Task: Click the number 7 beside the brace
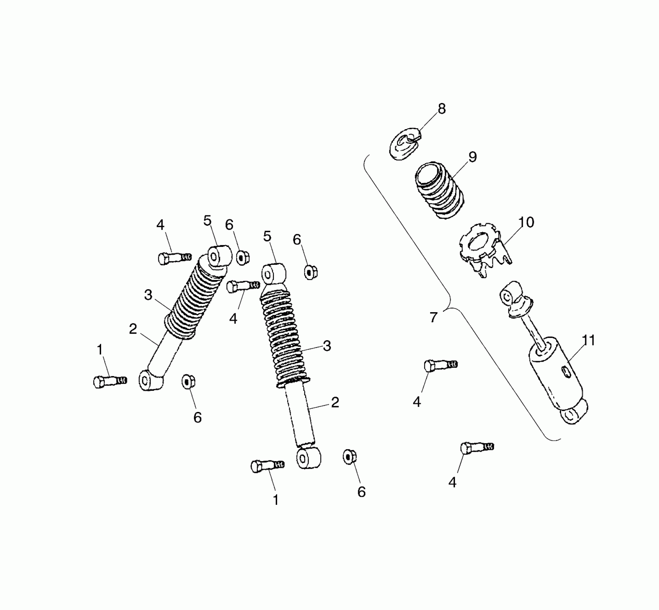434,318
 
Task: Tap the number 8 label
442,109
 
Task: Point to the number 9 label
473,157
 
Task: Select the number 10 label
526,222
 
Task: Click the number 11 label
588,340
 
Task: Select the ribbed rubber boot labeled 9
439,190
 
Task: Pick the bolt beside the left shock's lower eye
109,381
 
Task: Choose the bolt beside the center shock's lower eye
267,466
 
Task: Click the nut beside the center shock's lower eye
349,457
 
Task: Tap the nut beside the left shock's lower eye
188,381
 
